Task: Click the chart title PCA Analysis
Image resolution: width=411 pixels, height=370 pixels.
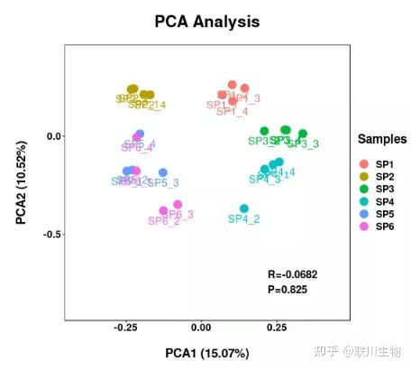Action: click(x=206, y=21)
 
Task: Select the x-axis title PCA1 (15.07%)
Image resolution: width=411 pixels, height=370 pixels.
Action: click(x=206, y=352)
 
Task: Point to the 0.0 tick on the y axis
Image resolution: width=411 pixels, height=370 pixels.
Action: click(x=54, y=135)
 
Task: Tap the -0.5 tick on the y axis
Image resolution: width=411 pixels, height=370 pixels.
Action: click(x=52, y=234)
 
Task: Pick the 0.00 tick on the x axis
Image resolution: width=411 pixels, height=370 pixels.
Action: click(x=202, y=328)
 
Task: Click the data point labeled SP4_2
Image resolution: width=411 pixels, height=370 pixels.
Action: click(x=244, y=208)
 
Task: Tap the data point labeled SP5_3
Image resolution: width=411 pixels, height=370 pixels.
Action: click(x=163, y=172)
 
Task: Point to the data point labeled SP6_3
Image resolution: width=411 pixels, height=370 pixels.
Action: click(x=178, y=205)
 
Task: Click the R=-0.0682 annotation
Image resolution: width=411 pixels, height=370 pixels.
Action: click(x=293, y=273)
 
